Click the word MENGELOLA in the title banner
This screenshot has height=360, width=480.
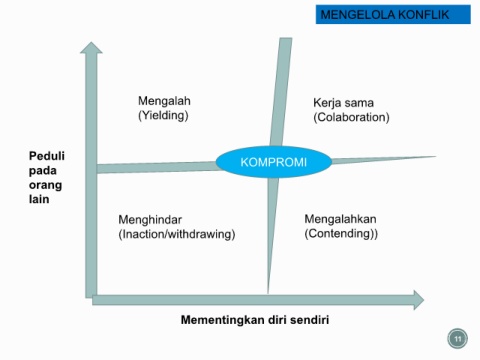(x=357, y=15)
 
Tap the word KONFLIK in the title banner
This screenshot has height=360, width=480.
(x=423, y=15)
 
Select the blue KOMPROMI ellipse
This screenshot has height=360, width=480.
(x=274, y=162)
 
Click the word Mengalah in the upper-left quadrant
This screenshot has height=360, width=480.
(x=164, y=101)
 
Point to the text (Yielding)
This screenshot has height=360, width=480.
(x=163, y=115)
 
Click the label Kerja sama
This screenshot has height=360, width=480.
(x=343, y=103)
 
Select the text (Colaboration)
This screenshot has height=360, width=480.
(x=351, y=117)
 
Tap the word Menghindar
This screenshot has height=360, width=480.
(x=150, y=220)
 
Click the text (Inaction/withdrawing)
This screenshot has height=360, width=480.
(x=177, y=234)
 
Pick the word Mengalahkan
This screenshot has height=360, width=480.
(x=340, y=219)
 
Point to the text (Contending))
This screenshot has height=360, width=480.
(x=341, y=233)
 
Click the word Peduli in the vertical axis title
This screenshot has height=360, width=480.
(x=47, y=156)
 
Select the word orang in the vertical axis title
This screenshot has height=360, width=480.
(x=45, y=185)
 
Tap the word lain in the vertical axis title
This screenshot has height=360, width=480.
(x=39, y=199)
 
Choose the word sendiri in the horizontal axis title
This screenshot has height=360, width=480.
(x=309, y=320)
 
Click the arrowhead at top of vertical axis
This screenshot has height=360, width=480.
(x=91, y=48)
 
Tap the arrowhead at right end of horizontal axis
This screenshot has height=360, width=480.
(x=419, y=300)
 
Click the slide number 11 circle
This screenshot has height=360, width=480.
(x=457, y=339)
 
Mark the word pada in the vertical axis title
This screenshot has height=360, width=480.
(x=43, y=171)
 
